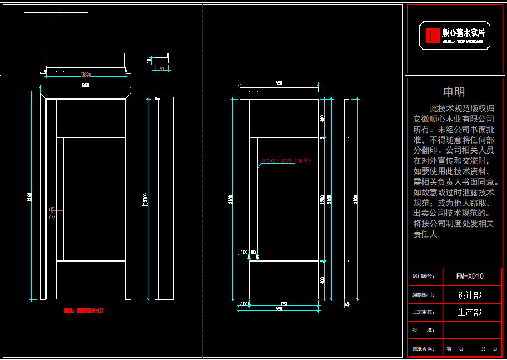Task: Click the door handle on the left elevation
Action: tap(56, 210)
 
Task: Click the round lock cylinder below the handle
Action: tap(52, 218)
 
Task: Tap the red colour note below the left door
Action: tap(84, 311)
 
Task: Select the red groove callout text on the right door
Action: tap(287, 161)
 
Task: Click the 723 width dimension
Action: tap(284, 303)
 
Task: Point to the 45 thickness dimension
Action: tap(347, 304)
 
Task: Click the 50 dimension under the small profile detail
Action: tap(162, 68)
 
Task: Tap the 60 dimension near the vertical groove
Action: tap(254, 253)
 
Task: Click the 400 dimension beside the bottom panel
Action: tap(322, 280)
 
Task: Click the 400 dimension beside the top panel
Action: tap(322, 118)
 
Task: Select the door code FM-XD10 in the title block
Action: tap(470, 276)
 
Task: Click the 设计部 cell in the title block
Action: tap(470, 295)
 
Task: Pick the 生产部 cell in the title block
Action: tap(470, 313)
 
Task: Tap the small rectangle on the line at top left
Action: tap(56, 13)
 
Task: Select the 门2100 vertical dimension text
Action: tap(145, 199)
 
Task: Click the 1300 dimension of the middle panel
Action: tap(322, 199)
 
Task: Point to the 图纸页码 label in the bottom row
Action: tap(424, 349)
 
